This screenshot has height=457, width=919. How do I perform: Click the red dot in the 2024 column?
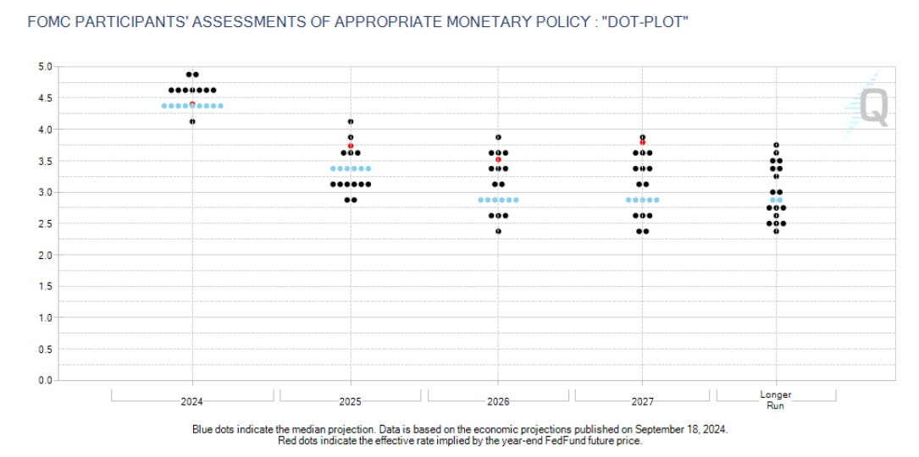tap(192, 104)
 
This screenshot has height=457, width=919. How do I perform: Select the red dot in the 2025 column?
tap(351, 146)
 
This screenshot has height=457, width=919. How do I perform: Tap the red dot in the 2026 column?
tap(499, 159)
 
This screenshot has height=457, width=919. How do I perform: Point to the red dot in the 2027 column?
tap(643, 142)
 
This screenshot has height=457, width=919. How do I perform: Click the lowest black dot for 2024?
tap(192, 121)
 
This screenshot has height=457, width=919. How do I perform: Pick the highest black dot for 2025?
tap(351, 121)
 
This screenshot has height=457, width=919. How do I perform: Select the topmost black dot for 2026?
tap(499, 137)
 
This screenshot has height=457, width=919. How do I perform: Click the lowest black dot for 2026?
tap(499, 231)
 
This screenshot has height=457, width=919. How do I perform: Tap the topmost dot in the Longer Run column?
tap(776, 145)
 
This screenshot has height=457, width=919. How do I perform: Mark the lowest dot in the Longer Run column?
tap(776, 231)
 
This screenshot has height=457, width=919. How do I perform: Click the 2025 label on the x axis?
tap(351, 401)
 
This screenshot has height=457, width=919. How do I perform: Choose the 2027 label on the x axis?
tap(643, 401)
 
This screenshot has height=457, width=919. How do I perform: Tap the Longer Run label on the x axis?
tap(776, 399)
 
